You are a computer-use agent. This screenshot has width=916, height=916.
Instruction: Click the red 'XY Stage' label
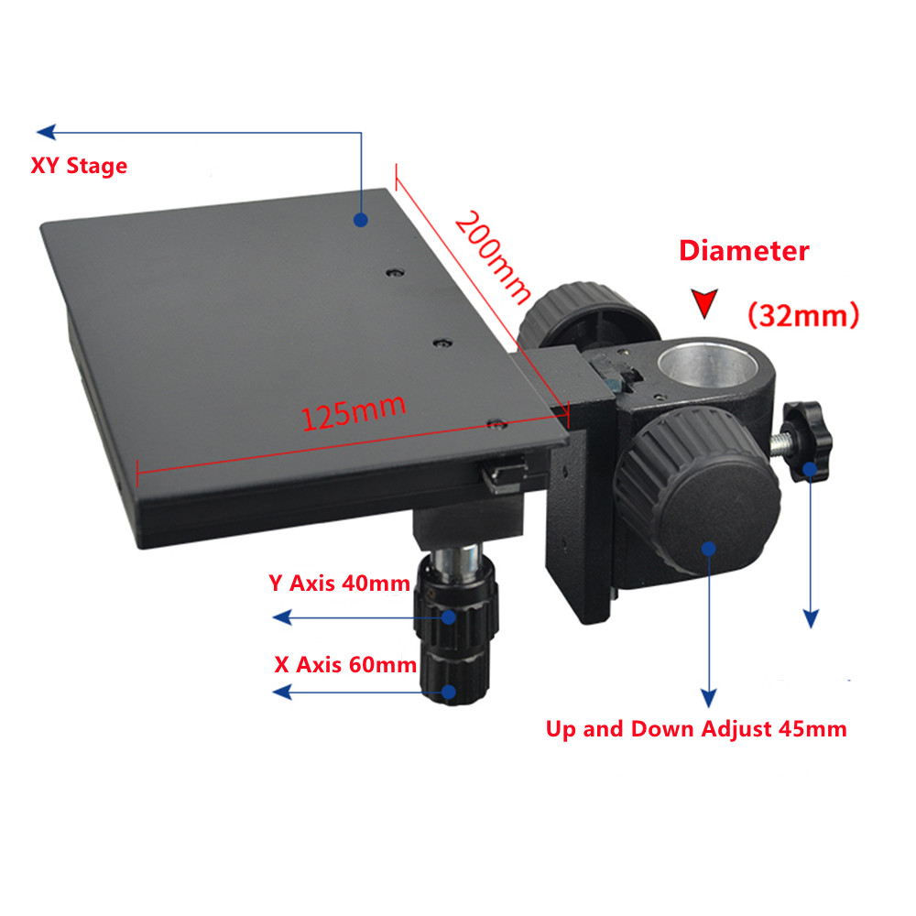click(79, 166)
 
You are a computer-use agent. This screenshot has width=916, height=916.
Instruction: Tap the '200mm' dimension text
click(493, 257)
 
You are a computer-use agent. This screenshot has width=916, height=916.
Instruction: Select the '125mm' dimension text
click(353, 412)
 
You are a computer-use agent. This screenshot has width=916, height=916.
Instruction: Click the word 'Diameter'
click(744, 251)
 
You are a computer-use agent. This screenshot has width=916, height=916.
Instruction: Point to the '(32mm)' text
click(803, 315)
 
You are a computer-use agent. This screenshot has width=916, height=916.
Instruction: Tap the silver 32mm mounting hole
click(707, 366)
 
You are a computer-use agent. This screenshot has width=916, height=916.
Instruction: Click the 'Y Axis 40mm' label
click(340, 583)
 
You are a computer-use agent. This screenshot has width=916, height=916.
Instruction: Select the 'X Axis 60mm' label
click(345, 665)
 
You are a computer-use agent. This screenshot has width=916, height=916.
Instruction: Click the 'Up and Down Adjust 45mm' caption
click(696, 729)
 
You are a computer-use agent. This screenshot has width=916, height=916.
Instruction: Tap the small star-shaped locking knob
click(807, 441)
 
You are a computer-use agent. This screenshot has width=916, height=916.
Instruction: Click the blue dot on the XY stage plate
click(360, 220)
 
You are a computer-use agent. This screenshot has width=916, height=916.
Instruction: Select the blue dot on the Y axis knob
click(449, 616)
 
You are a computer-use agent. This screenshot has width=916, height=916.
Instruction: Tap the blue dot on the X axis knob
click(449, 692)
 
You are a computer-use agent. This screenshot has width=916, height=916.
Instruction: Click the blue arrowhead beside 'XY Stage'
click(46, 132)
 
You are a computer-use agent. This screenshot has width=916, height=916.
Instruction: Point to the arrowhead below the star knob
click(811, 619)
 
